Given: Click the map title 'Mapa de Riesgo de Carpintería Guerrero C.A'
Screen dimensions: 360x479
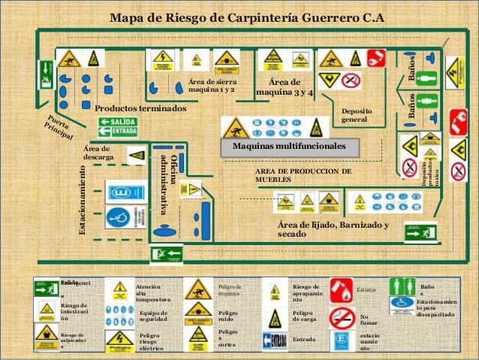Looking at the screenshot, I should (247, 17).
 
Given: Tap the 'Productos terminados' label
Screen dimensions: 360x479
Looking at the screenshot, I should (140, 109).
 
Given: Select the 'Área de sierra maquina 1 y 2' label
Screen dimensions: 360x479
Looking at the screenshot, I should (212, 86).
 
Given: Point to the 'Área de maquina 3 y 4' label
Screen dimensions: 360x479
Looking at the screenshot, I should (285, 86).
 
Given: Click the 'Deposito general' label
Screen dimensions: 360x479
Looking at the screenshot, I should (357, 115).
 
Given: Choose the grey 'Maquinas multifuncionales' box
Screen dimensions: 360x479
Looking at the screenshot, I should (289, 145).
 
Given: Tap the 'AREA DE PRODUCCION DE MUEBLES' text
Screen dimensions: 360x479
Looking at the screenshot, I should (303, 176).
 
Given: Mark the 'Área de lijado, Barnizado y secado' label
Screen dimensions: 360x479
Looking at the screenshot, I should (333, 230).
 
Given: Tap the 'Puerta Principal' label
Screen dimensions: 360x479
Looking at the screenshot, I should (56, 128).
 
